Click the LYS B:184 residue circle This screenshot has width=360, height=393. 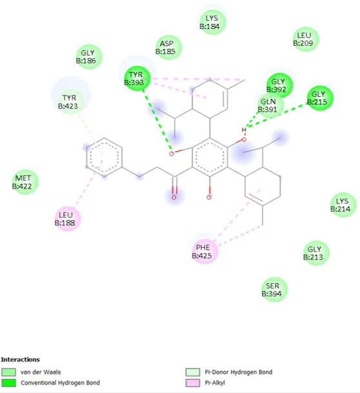[213, 23]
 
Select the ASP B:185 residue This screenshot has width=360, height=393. [168, 47]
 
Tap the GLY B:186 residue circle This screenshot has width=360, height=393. [89, 57]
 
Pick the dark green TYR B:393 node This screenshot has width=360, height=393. [137, 79]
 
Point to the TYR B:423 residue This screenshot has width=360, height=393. [71, 102]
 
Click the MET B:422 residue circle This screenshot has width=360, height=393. [25, 182]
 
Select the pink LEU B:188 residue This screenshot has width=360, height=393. [67, 219]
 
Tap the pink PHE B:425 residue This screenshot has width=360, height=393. [205, 252]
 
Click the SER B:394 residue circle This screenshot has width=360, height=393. [275, 290]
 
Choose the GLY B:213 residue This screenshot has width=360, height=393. [316, 253]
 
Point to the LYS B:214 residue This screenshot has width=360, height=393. [343, 205]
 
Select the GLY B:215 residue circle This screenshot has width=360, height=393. [320, 98]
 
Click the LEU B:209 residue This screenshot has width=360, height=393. [306, 39]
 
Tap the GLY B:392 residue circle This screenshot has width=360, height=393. [279, 85]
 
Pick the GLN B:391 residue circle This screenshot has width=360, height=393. [270, 106]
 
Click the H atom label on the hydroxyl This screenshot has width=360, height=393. [244, 130]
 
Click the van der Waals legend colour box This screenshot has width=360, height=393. [8, 372]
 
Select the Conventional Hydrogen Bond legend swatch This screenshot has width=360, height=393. [8, 383]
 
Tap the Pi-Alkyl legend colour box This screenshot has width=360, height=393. [193, 383]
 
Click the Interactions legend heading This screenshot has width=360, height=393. [20, 359]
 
